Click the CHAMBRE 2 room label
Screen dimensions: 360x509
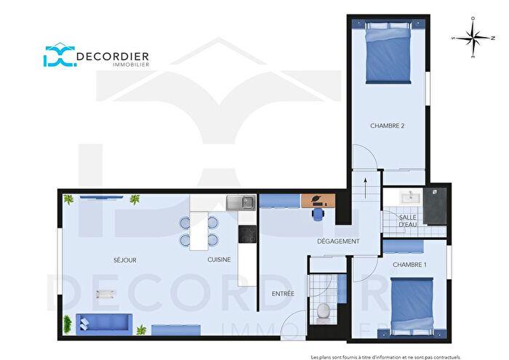387,126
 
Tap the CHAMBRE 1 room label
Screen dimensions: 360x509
409,264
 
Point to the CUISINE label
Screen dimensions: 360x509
219,260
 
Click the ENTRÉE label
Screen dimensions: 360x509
283,294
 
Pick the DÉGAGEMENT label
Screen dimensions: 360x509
338,241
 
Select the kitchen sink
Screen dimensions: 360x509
240,202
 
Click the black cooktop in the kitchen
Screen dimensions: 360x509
247,234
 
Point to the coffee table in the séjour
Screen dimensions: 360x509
105,293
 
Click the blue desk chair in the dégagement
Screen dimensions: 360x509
318,212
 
